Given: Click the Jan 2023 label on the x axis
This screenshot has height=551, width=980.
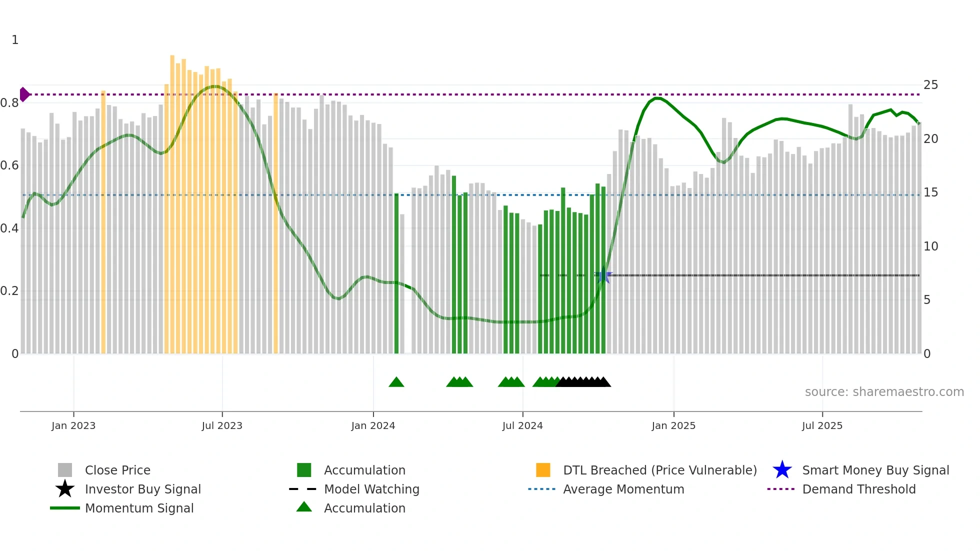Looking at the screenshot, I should tap(73, 425).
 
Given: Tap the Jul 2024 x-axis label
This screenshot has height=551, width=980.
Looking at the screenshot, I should tap(522, 425).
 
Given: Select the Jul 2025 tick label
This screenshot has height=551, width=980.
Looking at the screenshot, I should tap(822, 425).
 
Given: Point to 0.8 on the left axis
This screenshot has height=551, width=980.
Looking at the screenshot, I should tap(9, 103).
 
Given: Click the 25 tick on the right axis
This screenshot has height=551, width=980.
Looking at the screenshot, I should tap(930, 85).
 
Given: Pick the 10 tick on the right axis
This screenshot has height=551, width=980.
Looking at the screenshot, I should tap(930, 246).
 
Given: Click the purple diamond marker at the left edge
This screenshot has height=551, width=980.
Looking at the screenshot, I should tap(24, 94).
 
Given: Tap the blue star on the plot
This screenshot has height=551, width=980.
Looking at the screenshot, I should tap(603, 275).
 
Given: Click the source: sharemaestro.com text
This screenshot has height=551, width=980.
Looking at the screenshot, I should tap(884, 392).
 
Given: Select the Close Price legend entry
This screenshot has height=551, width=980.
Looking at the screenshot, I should tap(117, 470).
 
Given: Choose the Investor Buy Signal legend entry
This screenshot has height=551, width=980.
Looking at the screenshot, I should tap(142, 489).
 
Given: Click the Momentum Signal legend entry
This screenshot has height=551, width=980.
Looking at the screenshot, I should tap(139, 508).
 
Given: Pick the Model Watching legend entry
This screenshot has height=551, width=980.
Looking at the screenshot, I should tap(371, 489).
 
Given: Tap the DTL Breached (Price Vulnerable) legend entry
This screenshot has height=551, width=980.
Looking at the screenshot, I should tap(659, 470).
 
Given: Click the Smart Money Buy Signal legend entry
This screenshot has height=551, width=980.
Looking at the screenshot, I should tap(875, 470).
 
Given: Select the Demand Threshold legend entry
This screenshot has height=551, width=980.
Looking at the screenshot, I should tap(858, 489).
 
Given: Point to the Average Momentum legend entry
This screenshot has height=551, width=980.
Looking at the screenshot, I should tap(623, 489).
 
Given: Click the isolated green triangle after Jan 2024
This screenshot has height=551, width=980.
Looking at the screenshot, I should tap(396, 382).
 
